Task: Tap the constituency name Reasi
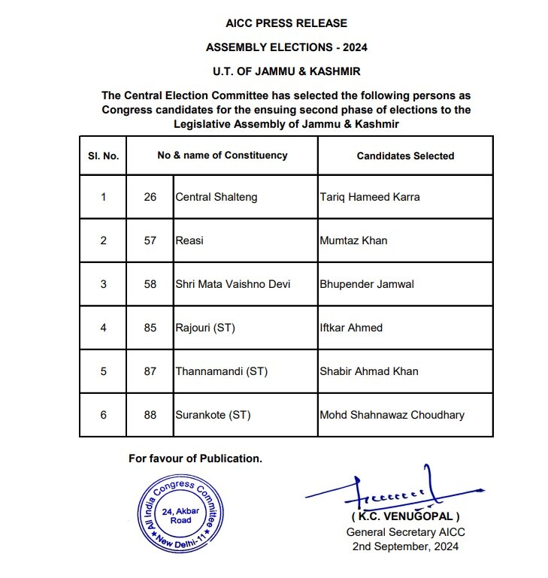pyautogui.click(x=189, y=241)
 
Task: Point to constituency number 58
pyautogui.click(x=150, y=284)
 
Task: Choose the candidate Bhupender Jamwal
pyautogui.click(x=366, y=284)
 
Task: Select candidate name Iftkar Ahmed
pyautogui.click(x=350, y=328)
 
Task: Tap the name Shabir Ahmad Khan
pyautogui.click(x=369, y=371)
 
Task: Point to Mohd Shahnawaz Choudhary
pyautogui.click(x=392, y=415)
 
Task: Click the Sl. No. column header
pyautogui.click(x=103, y=156)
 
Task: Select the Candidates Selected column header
pyautogui.click(x=405, y=156)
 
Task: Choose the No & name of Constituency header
pyautogui.click(x=222, y=156)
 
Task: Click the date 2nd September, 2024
pyautogui.click(x=405, y=546)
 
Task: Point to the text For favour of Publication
pyautogui.click(x=195, y=458)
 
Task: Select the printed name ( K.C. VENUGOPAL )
pyautogui.click(x=405, y=518)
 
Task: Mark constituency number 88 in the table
pyautogui.click(x=150, y=415)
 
